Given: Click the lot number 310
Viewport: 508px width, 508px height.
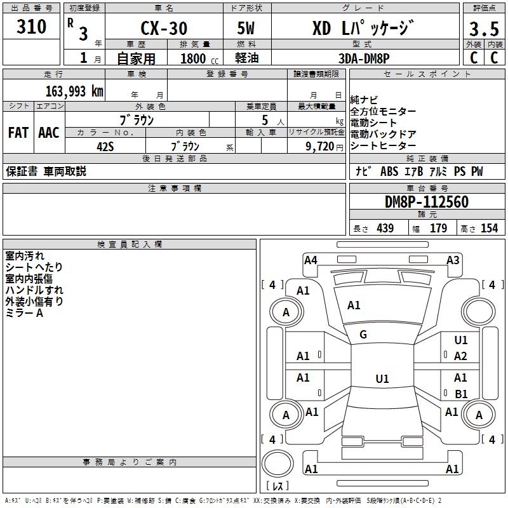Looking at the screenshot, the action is pyautogui.click(x=31, y=27).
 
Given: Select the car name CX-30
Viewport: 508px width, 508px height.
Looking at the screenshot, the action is pyautogui.click(x=164, y=28).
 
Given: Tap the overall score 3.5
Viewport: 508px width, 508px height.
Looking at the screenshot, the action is pyautogui.click(x=484, y=29).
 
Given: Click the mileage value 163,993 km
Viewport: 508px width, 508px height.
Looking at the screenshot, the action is pyautogui.click(x=74, y=91).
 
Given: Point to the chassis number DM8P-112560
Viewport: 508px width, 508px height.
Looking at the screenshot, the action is pyautogui.click(x=427, y=202).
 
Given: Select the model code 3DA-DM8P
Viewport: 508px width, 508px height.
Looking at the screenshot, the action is pyautogui.click(x=364, y=58).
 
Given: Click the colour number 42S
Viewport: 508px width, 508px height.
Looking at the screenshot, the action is pyautogui.click(x=105, y=147).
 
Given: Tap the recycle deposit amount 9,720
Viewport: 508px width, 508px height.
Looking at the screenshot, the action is pyautogui.click(x=319, y=147).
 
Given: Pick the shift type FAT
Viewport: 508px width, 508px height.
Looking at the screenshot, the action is pyautogui.click(x=18, y=133).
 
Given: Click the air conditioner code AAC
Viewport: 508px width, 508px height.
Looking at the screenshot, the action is pyautogui.click(x=49, y=133).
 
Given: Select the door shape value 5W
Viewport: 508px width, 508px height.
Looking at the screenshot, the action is pyautogui.click(x=246, y=28).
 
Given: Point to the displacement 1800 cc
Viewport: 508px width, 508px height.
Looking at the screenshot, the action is pyautogui.click(x=199, y=58).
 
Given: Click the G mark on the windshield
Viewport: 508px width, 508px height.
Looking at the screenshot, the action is pyautogui.click(x=363, y=335).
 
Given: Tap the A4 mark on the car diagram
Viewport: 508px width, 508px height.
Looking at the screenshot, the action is pyautogui.click(x=311, y=260).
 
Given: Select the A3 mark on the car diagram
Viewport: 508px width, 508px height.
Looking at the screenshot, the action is pyautogui.click(x=453, y=260).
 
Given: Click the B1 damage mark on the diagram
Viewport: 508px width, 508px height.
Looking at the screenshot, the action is pyautogui.click(x=461, y=394).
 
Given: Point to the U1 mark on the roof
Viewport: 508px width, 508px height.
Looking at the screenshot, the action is pyautogui.click(x=382, y=378).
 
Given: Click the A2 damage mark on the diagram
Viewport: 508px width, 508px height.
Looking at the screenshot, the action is pyautogui.click(x=460, y=356).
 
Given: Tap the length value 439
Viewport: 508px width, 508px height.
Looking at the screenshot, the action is pyautogui.click(x=385, y=229).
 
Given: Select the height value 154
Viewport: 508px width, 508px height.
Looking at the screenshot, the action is pyautogui.click(x=489, y=229).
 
